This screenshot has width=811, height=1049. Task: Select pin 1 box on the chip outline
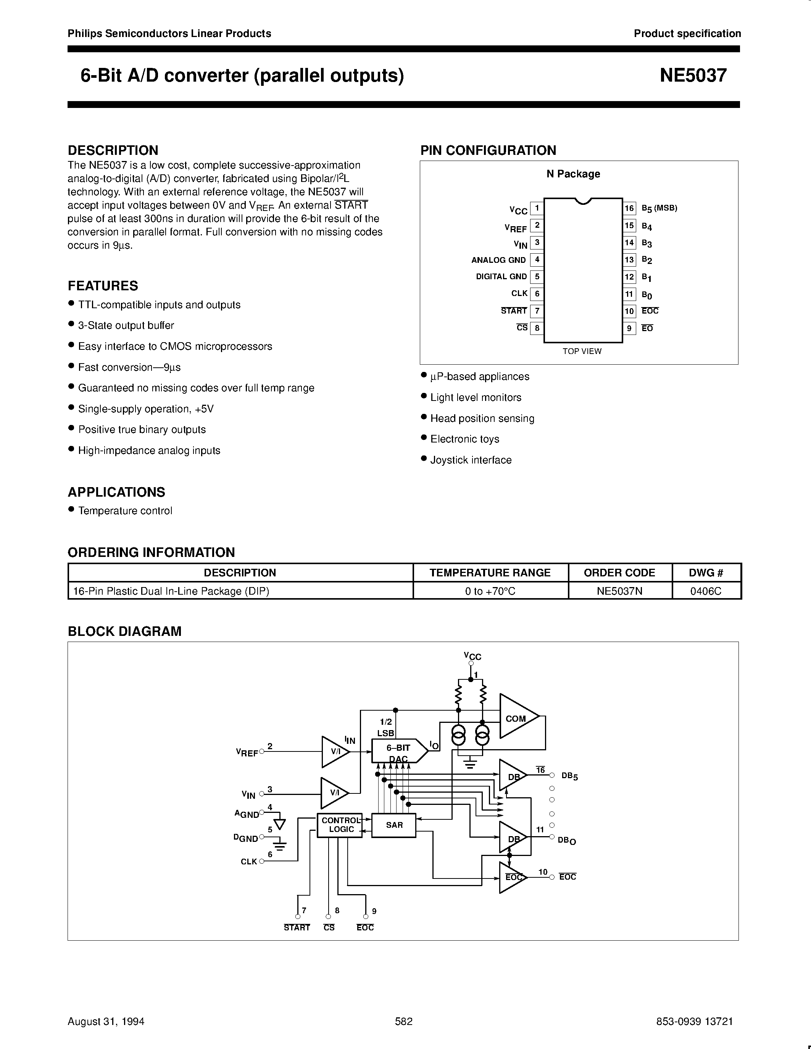tap(537, 208)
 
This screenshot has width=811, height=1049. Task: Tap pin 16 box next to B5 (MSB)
tap(629, 208)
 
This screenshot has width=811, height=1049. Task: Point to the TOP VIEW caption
tap(582, 351)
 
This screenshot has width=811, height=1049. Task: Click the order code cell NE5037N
tap(619, 591)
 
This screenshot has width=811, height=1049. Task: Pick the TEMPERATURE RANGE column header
tap(490, 573)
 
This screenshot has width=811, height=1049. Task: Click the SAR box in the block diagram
tap(394, 825)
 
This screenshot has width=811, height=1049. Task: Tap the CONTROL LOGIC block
tap(340, 825)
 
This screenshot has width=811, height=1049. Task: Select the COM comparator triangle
tap(516, 719)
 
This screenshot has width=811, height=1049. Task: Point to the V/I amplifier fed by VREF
tap(334, 752)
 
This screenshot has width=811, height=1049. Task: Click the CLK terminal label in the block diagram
tap(249, 862)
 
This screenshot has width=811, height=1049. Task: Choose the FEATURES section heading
tap(103, 286)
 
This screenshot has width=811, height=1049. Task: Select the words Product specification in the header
tap(687, 34)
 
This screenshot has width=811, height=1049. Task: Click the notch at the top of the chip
tap(583, 201)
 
